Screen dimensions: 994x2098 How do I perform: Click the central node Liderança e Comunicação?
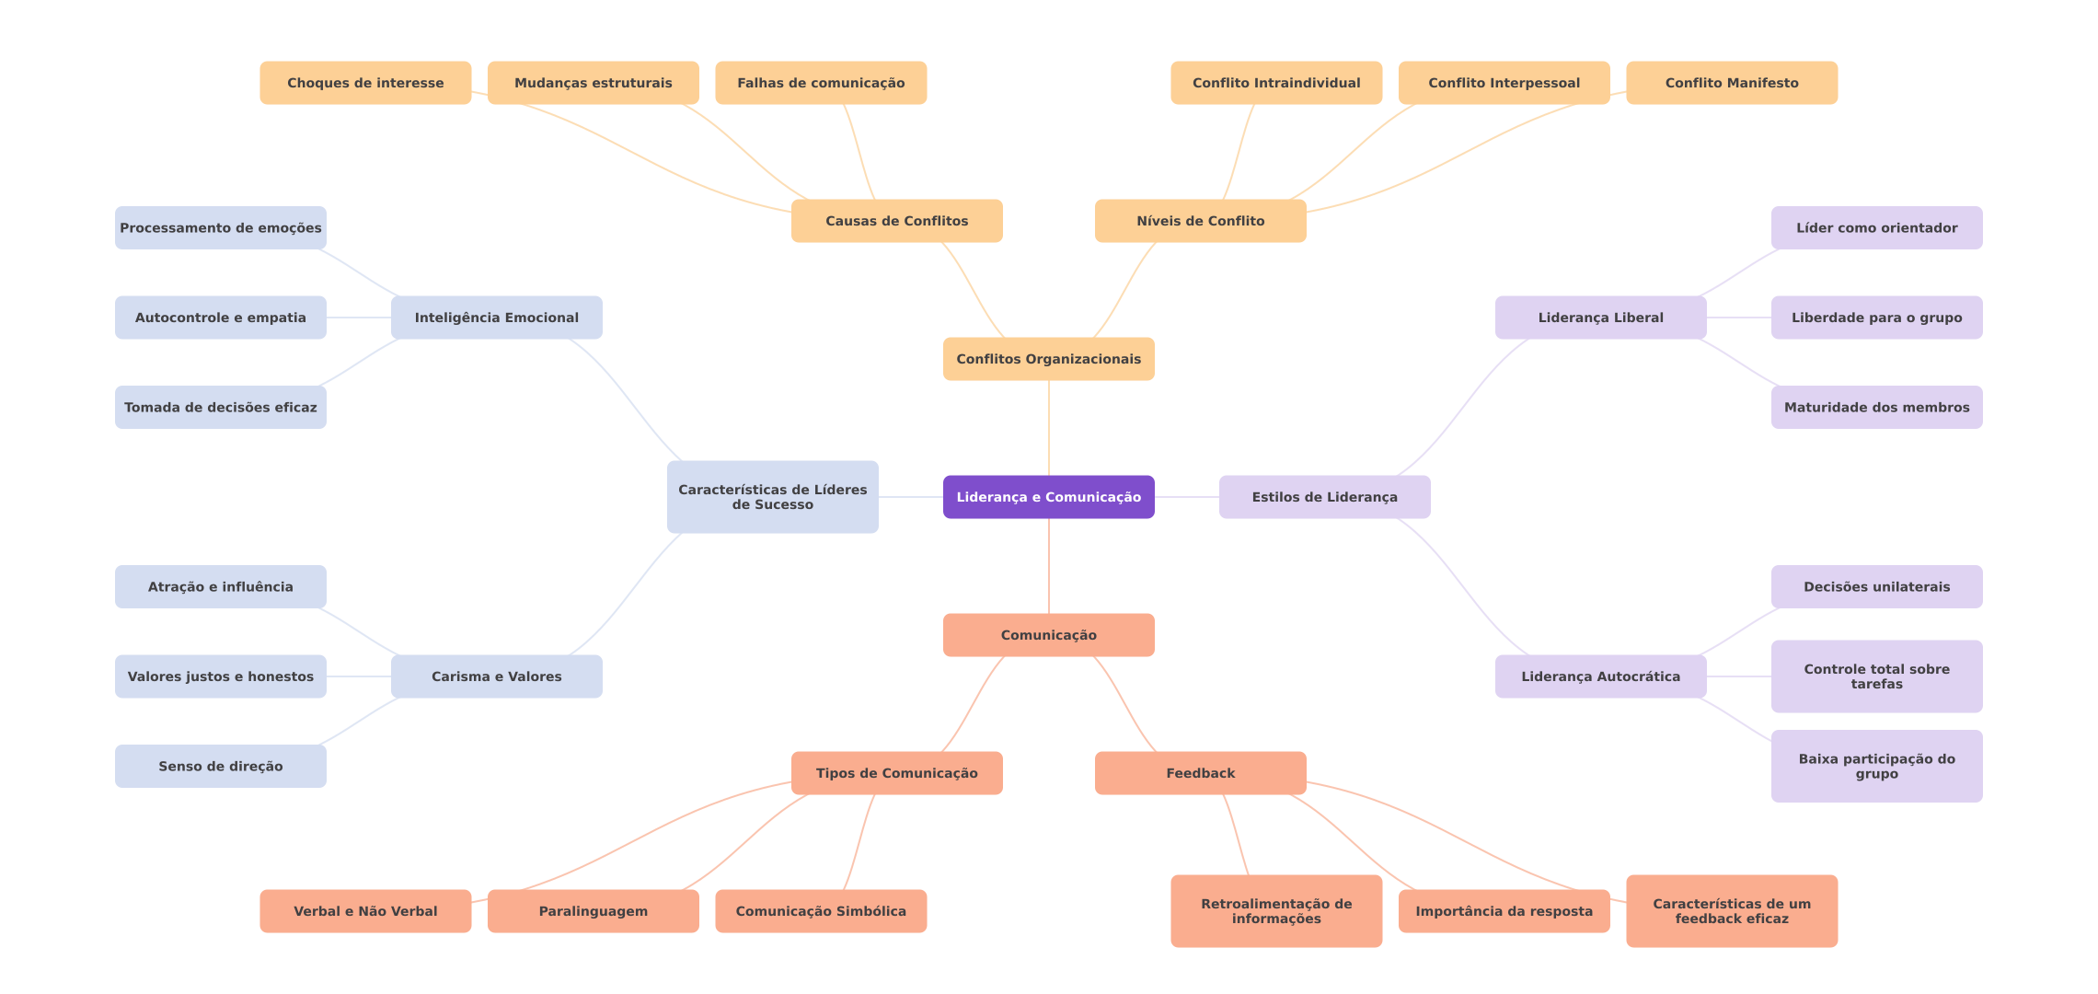click(x=1048, y=497)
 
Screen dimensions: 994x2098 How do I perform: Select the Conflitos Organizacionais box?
click(x=1048, y=359)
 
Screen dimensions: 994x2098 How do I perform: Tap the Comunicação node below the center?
click(x=1048, y=635)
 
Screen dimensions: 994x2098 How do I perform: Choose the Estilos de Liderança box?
click(x=1324, y=497)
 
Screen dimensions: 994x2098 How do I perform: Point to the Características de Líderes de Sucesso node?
click(x=772, y=497)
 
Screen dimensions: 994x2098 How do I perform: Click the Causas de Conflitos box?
click(x=896, y=221)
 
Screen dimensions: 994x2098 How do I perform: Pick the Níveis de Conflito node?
click(x=1200, y=221)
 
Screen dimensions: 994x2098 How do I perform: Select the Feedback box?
click(x=1200, y=773)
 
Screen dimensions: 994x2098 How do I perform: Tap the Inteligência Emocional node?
click(x=496, y=318)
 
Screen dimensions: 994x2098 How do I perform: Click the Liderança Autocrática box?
click(x=1600, y=676)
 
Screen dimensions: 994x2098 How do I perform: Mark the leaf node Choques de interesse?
click(x=365, y=83)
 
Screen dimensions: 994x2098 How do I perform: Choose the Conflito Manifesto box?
click(x=1731, y=83)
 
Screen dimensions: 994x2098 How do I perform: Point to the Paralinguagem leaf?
click(x=593, y=911)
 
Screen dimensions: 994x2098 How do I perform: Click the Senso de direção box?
click(x=220, y=766)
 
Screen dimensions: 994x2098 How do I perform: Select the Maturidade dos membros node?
click(x=1876, y=407)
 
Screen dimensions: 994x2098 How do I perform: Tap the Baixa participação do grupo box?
click(x=1876, y=766)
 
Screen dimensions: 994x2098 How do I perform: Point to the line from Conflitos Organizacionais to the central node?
click(x=1049, y=428)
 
